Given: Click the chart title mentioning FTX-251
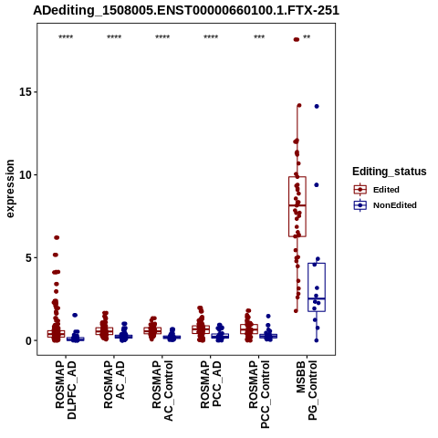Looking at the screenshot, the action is point(186,10).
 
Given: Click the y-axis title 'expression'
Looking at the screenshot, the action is point(10,189).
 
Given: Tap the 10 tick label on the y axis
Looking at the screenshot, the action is point(26,175).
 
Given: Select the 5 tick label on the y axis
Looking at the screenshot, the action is point(29,257).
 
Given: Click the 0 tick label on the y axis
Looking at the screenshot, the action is point(29,340).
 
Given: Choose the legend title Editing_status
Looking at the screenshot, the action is point(390,172).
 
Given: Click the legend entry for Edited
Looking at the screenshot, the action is point(386,190).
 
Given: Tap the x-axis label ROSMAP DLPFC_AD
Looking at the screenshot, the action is point(66,390).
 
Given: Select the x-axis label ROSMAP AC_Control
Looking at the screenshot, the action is point(162,391).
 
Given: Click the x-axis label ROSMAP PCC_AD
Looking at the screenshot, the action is point(211,384).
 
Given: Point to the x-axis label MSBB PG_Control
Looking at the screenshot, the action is point(307,391).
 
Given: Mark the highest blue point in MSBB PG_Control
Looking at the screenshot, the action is point(317,107).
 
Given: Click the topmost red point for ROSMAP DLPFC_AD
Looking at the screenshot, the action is point(57,237).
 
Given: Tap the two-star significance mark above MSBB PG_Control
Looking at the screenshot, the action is point(307,37).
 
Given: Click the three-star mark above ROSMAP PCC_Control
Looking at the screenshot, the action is point(259,37).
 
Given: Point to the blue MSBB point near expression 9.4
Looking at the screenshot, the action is point(317,185).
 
